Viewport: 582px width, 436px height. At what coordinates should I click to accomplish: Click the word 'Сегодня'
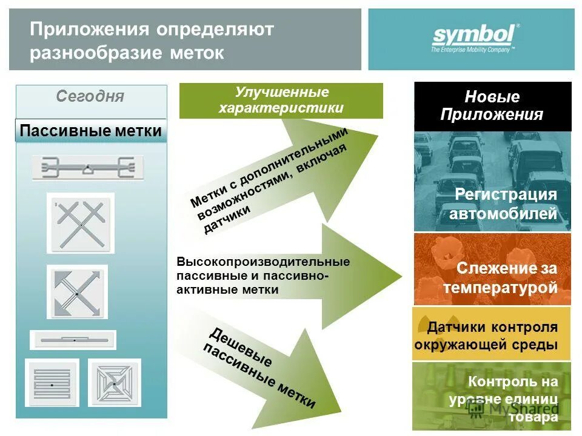(90, 97)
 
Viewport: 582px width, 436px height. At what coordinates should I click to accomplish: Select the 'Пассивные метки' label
(91, 131)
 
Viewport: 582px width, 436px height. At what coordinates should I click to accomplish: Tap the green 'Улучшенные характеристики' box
(281, 101)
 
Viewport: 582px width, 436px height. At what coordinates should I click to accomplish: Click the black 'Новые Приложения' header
(492, 106)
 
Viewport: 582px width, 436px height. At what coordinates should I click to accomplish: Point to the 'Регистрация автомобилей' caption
(503, 204)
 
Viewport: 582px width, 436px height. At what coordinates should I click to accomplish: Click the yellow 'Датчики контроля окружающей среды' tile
(492, 335)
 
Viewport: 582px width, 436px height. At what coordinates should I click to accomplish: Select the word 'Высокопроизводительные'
(263, 262)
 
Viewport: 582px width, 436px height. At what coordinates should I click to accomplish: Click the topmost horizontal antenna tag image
(88, 168)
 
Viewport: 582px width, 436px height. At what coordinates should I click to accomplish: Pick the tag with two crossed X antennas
(81, 223)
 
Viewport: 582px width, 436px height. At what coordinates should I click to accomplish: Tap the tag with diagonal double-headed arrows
(77, 292)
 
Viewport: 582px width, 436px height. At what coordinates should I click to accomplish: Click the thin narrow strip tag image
(73, 340)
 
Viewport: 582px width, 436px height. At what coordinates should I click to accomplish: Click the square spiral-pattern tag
(115, 383)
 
